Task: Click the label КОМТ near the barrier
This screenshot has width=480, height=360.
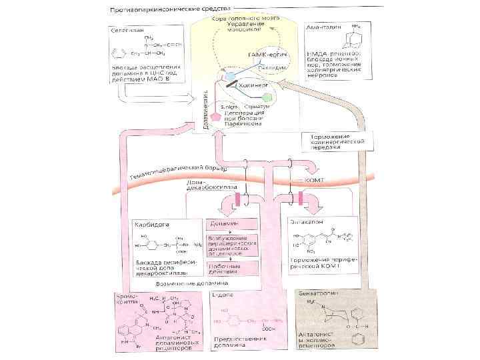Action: [313, 180]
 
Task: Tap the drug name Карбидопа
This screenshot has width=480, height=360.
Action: [151, 225]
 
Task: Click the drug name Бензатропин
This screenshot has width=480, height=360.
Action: [315, 294]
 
